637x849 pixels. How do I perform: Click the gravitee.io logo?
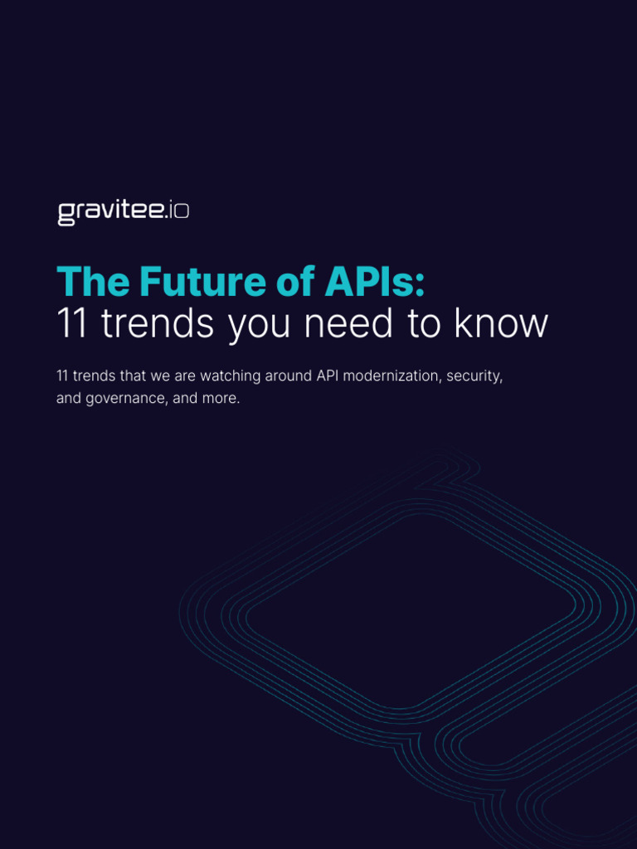[123, 212]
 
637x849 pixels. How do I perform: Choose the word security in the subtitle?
[474, 376]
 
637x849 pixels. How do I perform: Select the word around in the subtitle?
[289, 376]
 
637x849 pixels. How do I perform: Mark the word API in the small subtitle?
[326, 376]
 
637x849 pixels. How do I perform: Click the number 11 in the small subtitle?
[62, 376]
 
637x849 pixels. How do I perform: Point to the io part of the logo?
[178, 212]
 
